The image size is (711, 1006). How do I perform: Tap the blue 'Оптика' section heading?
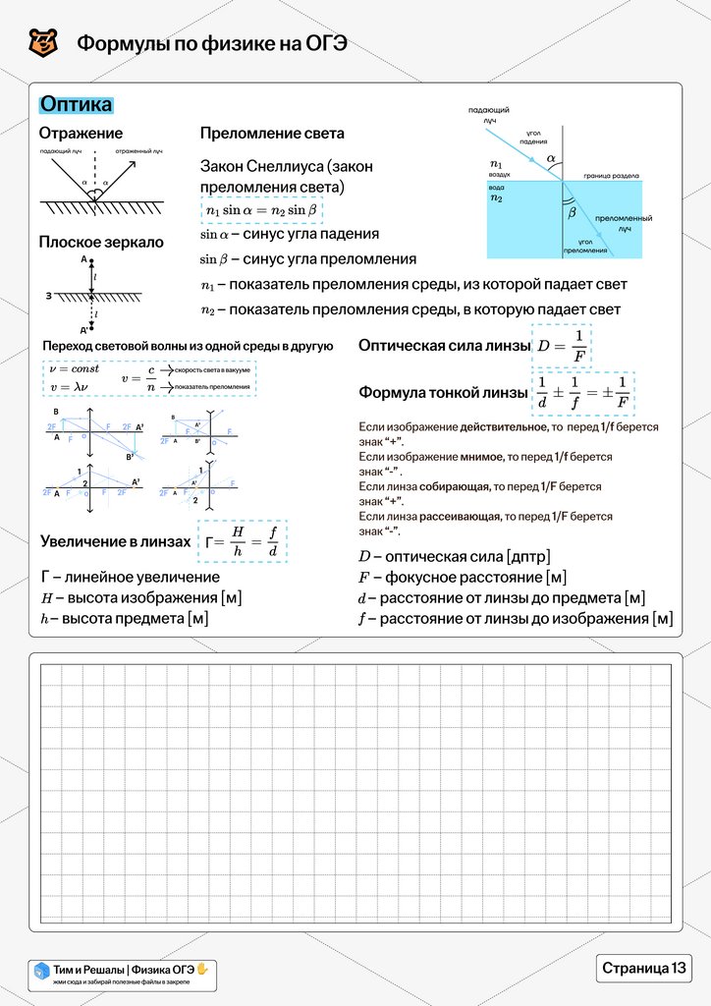(76, 105)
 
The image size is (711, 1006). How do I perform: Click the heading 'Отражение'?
(81, 134)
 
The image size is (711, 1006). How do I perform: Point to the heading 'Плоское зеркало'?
(101, 242)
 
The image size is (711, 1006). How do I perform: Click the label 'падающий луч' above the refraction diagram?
(488, 115)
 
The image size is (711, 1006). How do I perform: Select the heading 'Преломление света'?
(272, 134)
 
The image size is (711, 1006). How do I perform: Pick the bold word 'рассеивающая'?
(460, 516)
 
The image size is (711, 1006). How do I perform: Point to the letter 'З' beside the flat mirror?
(49, 294)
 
